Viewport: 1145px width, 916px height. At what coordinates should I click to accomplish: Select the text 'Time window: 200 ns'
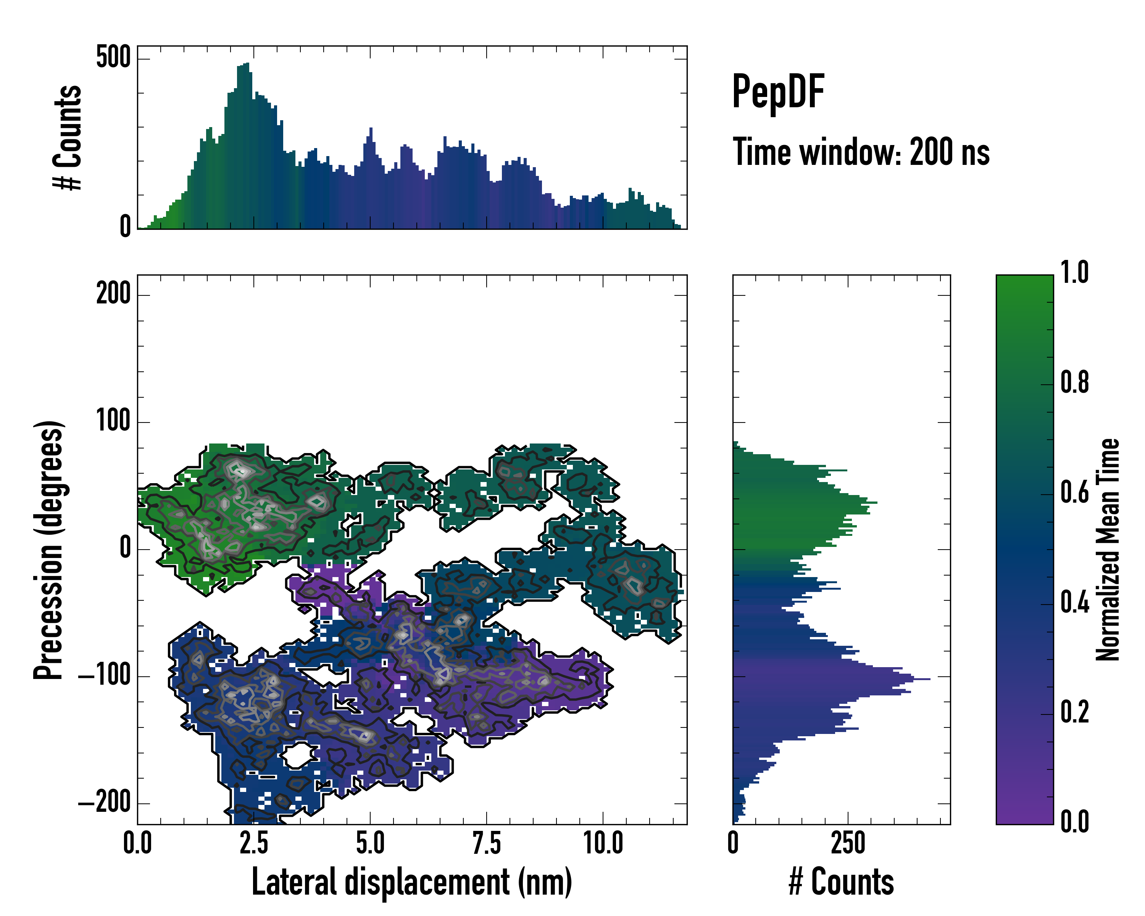861,152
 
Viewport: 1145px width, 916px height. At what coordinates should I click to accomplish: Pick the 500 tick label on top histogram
113,57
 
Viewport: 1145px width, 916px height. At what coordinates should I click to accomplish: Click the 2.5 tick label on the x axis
254,843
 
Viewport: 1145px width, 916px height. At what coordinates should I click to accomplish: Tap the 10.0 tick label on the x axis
603,843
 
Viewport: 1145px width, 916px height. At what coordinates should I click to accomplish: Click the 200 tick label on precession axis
113,294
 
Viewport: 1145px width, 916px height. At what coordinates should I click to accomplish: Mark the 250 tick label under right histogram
848,843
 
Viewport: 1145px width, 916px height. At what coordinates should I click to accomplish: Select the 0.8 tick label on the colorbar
1074,382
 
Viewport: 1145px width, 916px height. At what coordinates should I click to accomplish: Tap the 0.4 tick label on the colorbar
1074,603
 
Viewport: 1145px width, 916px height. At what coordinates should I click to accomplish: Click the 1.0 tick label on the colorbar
1074,273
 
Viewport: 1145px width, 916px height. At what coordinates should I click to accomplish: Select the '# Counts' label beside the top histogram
68,137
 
